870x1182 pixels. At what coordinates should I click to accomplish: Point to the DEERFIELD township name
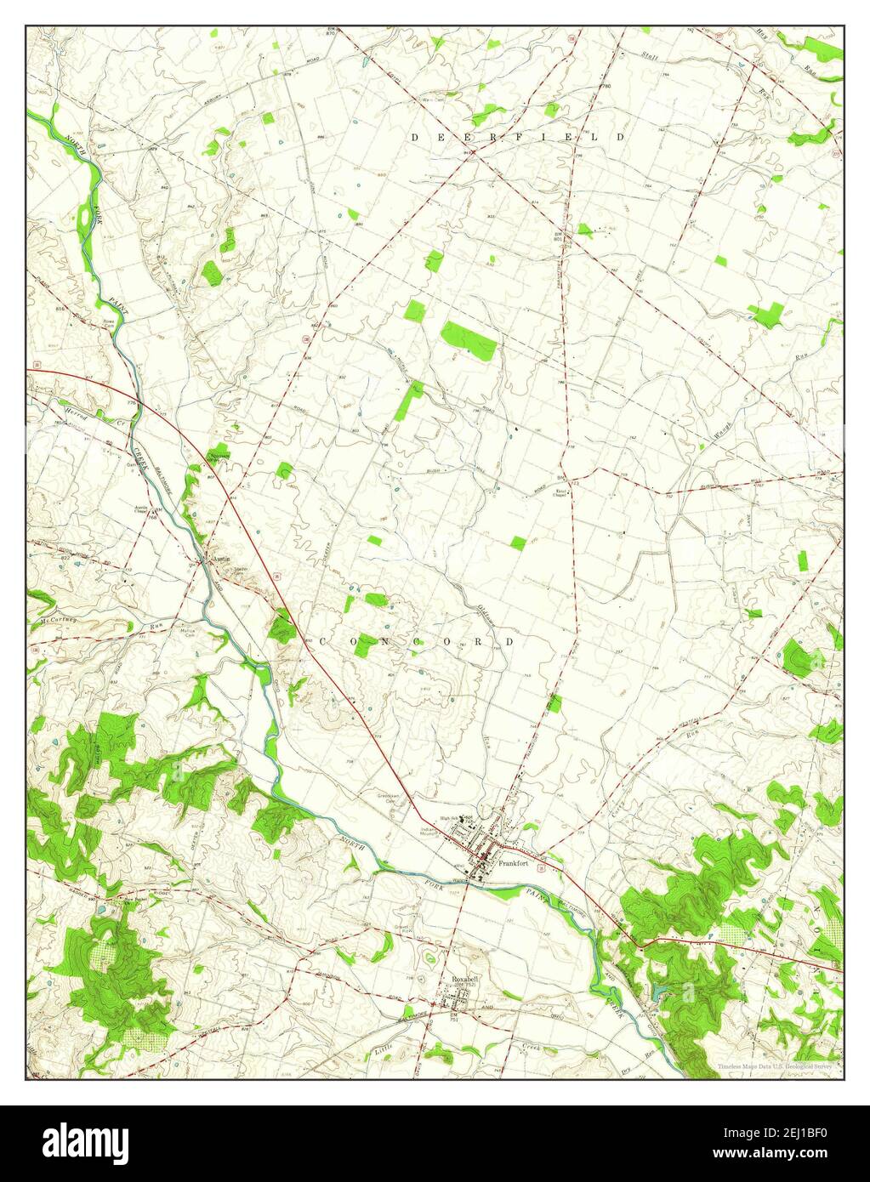click(x=519, y=136)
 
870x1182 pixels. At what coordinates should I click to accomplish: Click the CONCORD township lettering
click(x=416, y=642)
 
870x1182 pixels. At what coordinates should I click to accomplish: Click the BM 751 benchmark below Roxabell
click(x=454, y=1014)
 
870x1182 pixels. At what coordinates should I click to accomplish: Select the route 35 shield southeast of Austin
click(x=277, y=577)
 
